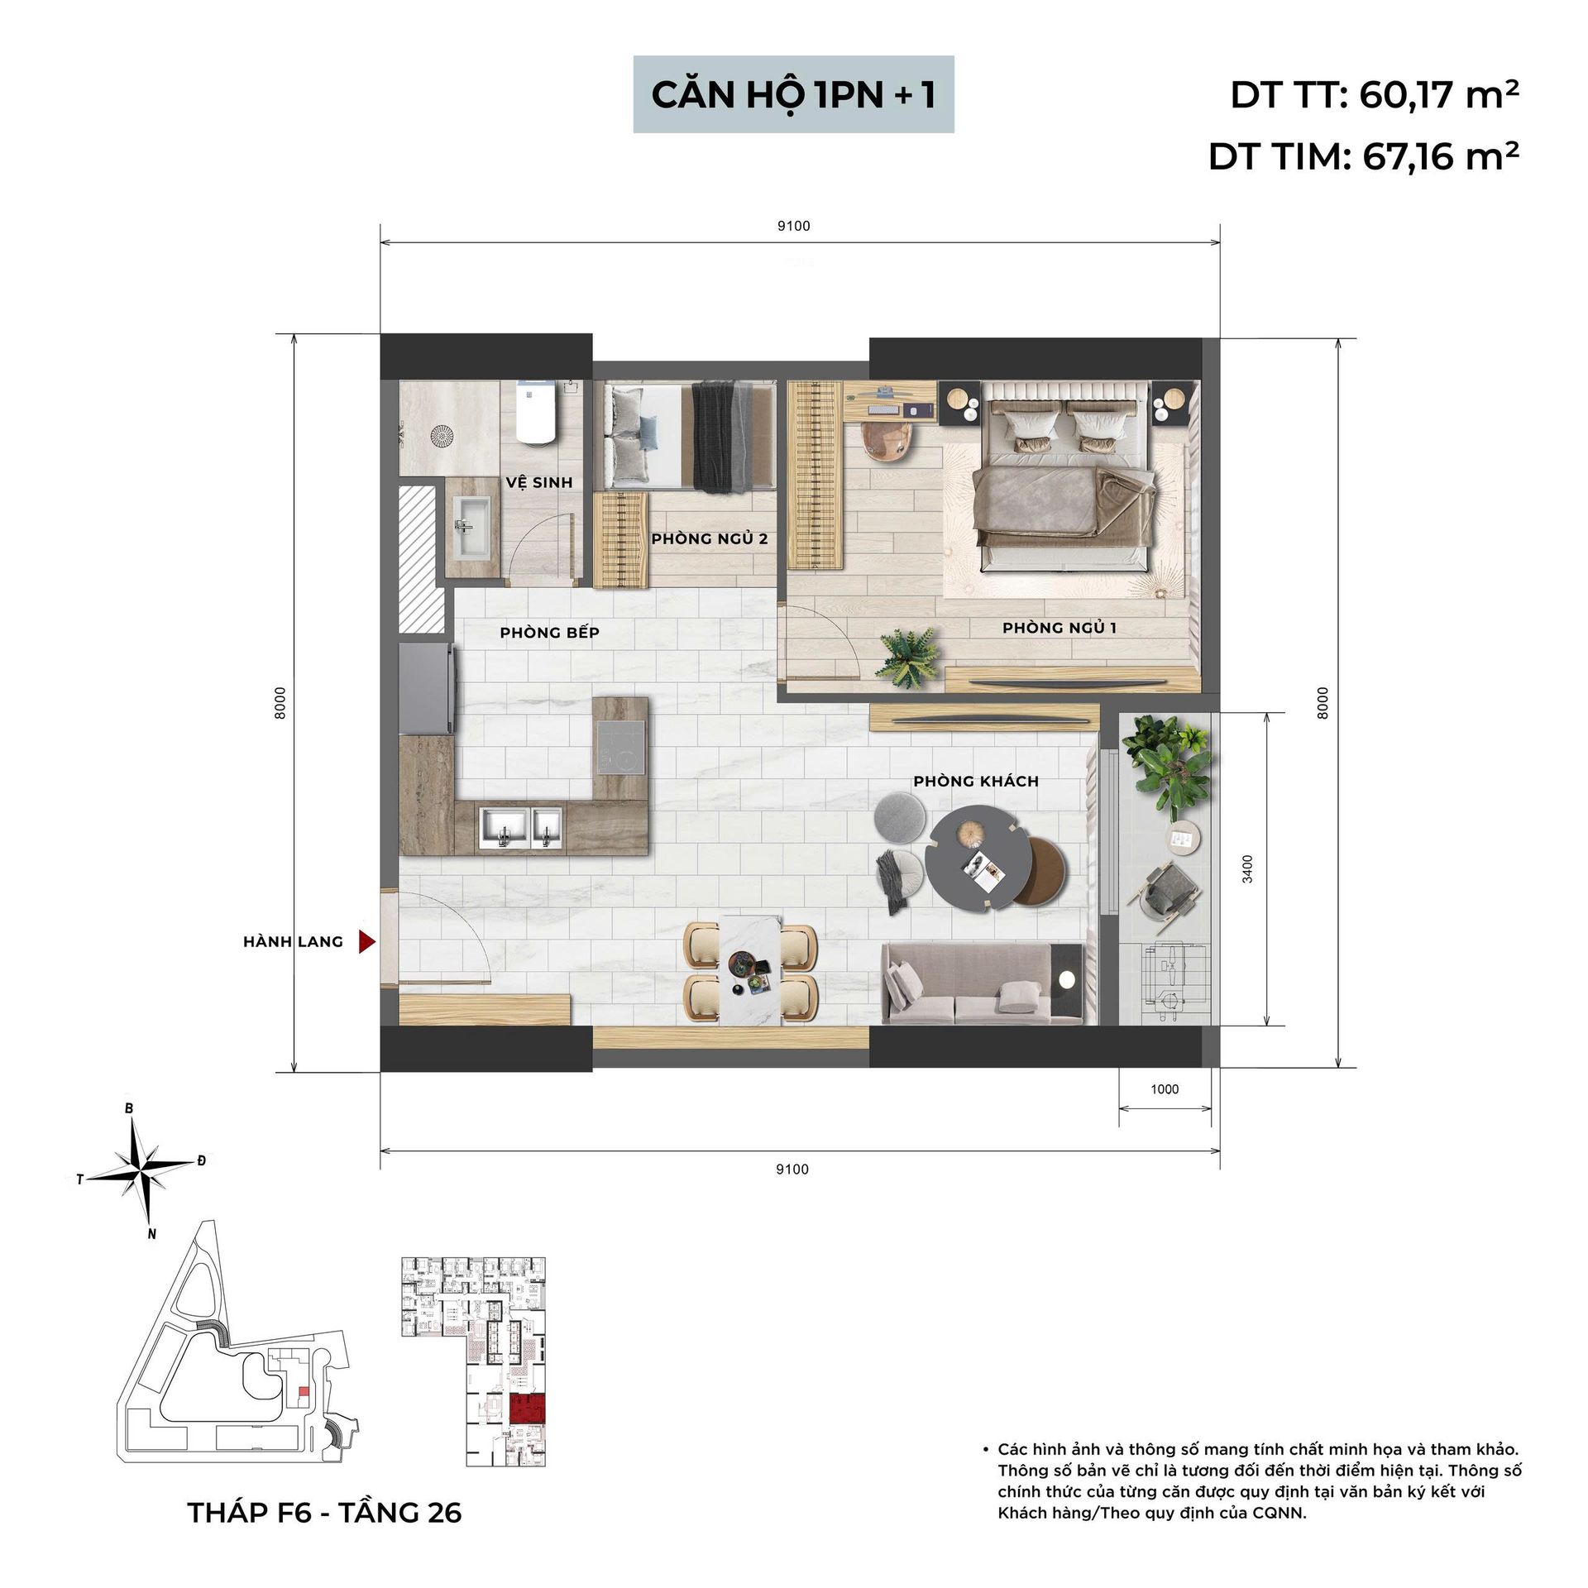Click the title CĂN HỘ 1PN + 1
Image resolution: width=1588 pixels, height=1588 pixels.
pos(793,94)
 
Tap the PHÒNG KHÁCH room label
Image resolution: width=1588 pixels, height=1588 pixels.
pos(976,781)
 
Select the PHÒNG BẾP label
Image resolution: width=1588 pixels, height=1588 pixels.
pos(549,633)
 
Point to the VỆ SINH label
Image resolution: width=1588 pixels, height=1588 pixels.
pos(539,482)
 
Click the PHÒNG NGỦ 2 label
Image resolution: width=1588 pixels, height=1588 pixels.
pos(710,539)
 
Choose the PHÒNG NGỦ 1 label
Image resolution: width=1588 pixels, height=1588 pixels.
pos(1059,628)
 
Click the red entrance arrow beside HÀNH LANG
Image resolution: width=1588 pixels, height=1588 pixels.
pos(366,941)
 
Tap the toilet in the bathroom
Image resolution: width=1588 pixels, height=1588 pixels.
pos(535,413)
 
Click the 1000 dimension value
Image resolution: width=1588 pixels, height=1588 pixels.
pos(1165,1089)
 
